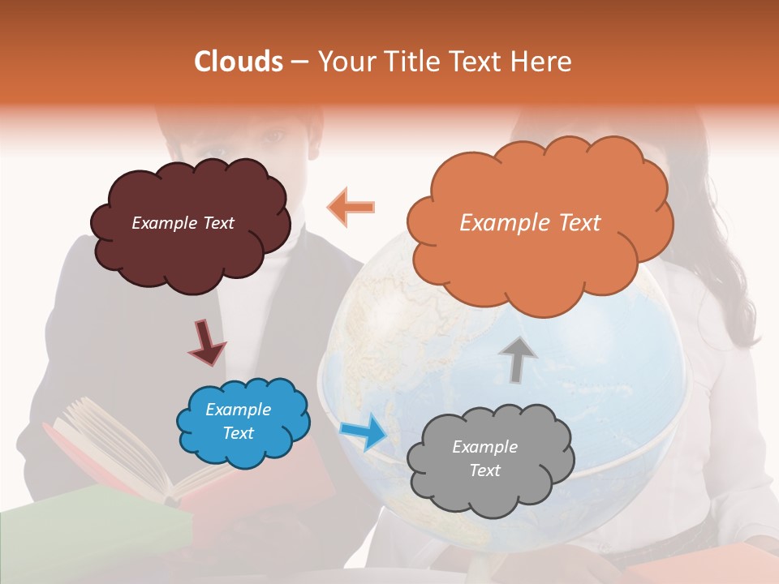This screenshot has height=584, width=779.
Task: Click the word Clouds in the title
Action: [239, 62]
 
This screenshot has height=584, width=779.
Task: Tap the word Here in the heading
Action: [541, 62]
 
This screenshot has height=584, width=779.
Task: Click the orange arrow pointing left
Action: [351, 207]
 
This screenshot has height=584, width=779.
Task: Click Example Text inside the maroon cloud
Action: [183, 223]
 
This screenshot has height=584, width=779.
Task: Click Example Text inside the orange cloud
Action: [530, 223]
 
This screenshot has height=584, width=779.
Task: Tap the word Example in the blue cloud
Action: [238, 410]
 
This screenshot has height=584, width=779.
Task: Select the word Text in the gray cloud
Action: [484, 470]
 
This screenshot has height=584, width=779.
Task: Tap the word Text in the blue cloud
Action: [238, 433]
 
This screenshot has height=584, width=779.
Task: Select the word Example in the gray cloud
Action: [484, 447]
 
